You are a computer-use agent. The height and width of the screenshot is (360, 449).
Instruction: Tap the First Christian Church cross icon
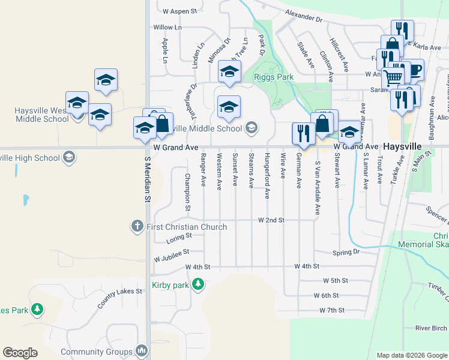[137, 227]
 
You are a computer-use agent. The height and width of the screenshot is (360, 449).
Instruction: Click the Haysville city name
[403, 146]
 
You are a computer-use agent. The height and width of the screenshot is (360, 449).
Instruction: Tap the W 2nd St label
[271, 220]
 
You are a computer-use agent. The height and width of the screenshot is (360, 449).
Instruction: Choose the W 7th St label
[332, 310]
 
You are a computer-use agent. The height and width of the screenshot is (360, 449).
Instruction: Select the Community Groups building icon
[142, 350]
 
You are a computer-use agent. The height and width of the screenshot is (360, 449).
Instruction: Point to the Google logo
[20, 353]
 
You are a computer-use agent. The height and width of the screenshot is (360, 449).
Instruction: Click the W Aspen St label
[180, 11]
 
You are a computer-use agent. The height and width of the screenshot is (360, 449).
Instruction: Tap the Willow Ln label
[167, 28]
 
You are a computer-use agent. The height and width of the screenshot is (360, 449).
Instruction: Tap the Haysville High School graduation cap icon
[68, 158]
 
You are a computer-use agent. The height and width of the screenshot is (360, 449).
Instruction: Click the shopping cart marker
[393, 78]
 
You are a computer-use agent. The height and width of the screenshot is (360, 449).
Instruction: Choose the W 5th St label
[336, 280]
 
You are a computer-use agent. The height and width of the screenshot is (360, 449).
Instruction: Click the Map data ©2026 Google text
[411, 355]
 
